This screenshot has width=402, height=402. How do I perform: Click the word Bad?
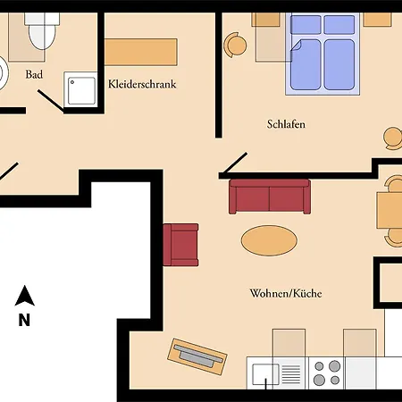click(x=35, y=75)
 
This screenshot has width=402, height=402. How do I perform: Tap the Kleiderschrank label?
click(x=141, y=85)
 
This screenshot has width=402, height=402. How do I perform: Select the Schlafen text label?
click(x=286, y=124)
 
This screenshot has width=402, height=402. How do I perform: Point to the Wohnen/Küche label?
click(x=286, y=293)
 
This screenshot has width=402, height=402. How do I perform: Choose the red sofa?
click(x=269, y=197)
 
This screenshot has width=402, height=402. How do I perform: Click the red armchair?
click(x=181, y=245)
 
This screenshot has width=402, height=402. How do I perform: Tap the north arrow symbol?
click(x=26, y=296)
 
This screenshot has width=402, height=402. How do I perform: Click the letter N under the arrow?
click(x=25, y=319)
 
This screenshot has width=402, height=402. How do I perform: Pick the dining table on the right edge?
click(x=390, y=211)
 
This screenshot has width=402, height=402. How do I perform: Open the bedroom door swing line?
click(x=233, y=163)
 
